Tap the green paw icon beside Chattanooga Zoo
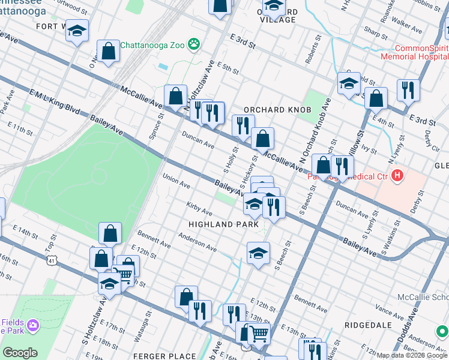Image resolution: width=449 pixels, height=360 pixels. [194, 43]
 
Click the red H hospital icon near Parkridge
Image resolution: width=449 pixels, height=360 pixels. [396, 176]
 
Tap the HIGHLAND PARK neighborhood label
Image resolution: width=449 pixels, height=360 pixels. [223, 224]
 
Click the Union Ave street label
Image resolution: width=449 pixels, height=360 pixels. [176, 180]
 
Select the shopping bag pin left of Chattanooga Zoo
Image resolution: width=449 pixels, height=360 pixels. [109, 53]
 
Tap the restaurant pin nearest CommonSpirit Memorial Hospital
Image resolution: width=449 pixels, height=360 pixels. [408, 91]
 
